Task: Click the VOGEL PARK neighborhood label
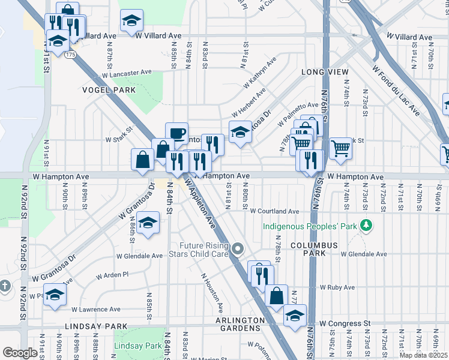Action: pos(109,90)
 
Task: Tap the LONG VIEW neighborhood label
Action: pos(325,72)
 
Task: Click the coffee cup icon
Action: pos(176,133)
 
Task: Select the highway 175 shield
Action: pos(71,55)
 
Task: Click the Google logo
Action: pos(20,352)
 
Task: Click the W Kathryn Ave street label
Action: pos(259,70)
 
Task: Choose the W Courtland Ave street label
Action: pos(274,211)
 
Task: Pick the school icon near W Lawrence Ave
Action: pos(55,295)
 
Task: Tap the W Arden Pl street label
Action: pos(113,275)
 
